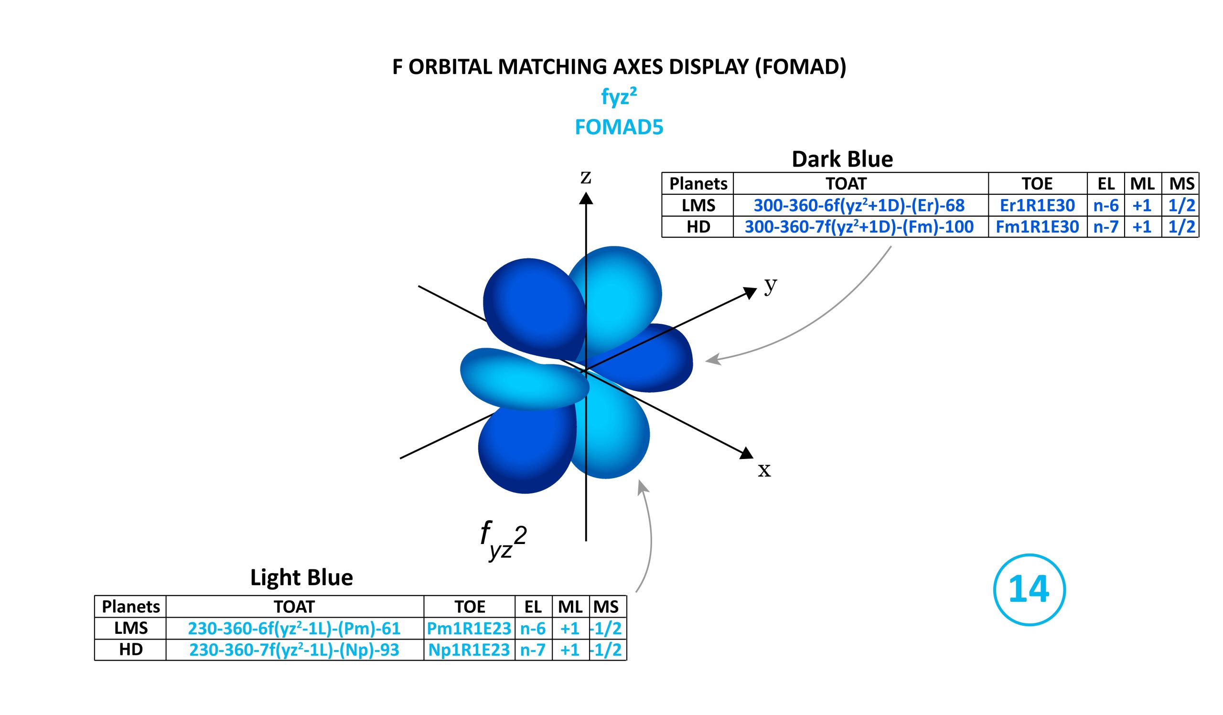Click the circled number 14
pyautogui.click(x=1030, y=590)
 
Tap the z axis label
pyautogui.click(x=586, y=177)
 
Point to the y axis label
pyautogui.click(x=771, y=285)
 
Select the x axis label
pyautogui.click(x=764, y=470)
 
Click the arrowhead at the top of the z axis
pyautogui.click(x=586, y=198)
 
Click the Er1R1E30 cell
pyautogui.click(x=1037, y=206)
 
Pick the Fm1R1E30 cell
pyautogui.click(x=1037, y=227)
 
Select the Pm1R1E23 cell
pyautogui.click(x=469, y=629)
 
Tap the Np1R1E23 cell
pyautogui.click(x=469, y=650)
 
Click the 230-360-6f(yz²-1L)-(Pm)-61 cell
pyautogui.click(x=294, y=629)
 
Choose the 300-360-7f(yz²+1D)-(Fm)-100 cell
pyautogui.click(x=859, y=227)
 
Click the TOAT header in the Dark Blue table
pyautogui.click(x=846, y=184)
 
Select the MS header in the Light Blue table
pyautogui.click(x=606, y=607)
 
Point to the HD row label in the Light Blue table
pyautogui.click(x=131, y=650)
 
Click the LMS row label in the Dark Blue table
pyautogui.click(x=698, y=206)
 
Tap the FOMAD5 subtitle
pyautogui.click(x=619, y=127)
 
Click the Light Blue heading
pyautogui.click(x=301, y=578)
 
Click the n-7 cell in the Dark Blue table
pyautogui.click(x=1106, y=227)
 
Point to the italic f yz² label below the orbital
pyautogui.click(x=503, y=539)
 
